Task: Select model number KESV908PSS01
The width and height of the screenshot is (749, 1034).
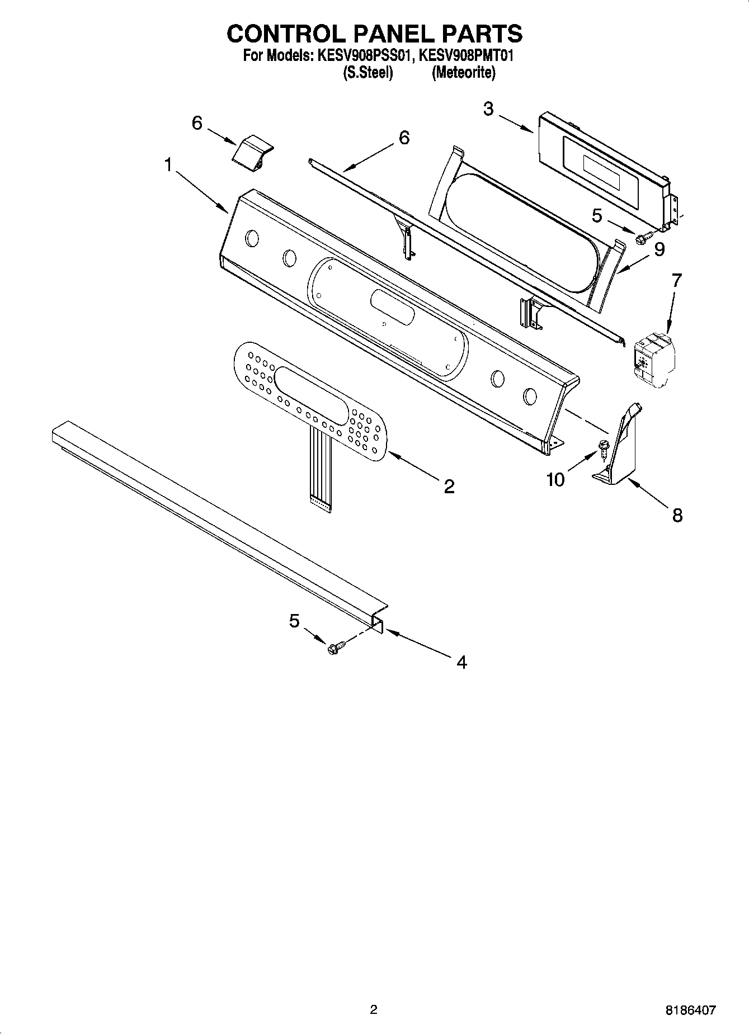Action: tap(366, 56)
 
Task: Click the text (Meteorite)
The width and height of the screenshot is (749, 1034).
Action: tap(463, 73)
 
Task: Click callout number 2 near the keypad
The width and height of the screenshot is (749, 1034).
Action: tap(449, 486)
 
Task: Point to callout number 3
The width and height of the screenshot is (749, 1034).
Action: tap(488, 109)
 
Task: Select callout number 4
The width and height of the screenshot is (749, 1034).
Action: tap(461, 662)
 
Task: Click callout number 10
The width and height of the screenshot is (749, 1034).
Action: tap(555, 480)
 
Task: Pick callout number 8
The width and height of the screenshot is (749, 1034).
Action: tap(677, 514)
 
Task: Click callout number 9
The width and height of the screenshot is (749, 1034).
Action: tap(659, 249)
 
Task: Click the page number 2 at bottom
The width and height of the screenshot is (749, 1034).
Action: tap(374, 1009)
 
